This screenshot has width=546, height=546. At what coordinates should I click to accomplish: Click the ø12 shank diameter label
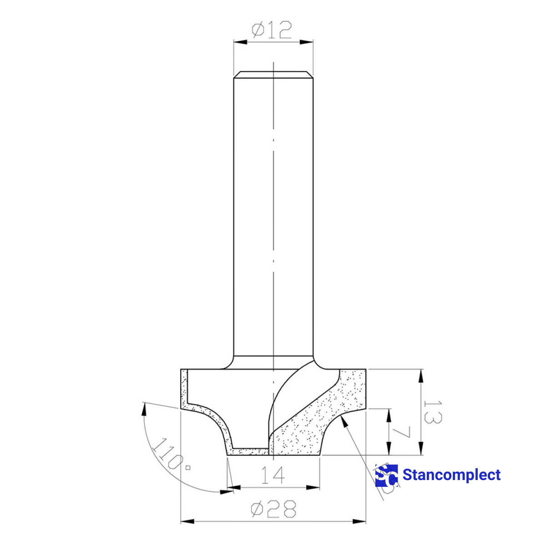point(272,30)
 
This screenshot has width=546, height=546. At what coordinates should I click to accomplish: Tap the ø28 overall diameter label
point(273,509)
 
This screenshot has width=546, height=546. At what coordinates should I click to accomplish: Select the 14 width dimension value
point(273,475)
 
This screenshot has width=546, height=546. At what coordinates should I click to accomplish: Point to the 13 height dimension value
point(432,412)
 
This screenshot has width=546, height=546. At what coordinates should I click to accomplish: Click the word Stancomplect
point(451,475)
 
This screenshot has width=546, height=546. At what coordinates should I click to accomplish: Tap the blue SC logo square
point(386,475)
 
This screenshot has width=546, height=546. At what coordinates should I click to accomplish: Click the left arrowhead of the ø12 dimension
point(240,42)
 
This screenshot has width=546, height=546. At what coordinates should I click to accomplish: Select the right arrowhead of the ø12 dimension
point(307,42)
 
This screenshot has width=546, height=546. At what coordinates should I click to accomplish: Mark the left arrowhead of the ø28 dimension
point(187,521)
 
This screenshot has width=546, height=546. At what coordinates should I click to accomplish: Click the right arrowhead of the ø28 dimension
point(360,521)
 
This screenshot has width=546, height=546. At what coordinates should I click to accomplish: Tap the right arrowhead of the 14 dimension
point(314,488)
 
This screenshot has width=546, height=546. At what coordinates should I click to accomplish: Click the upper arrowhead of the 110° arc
point(145,409)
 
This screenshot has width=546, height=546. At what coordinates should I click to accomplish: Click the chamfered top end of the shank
point(273,74)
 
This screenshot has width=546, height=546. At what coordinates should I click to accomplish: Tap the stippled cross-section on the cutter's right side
point(318,419)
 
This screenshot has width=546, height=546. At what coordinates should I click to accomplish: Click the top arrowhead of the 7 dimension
point(389,414)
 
